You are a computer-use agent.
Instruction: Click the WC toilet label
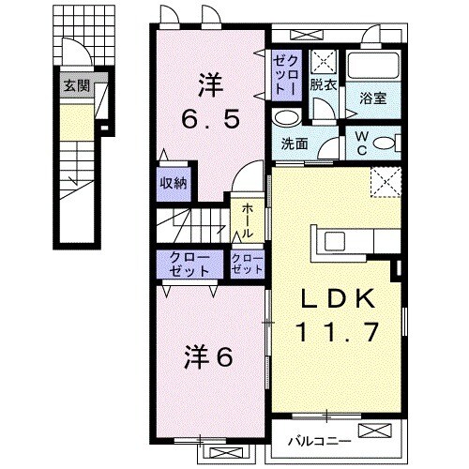tap(361, 142)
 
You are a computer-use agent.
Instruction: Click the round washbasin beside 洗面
tap(286, 118)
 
